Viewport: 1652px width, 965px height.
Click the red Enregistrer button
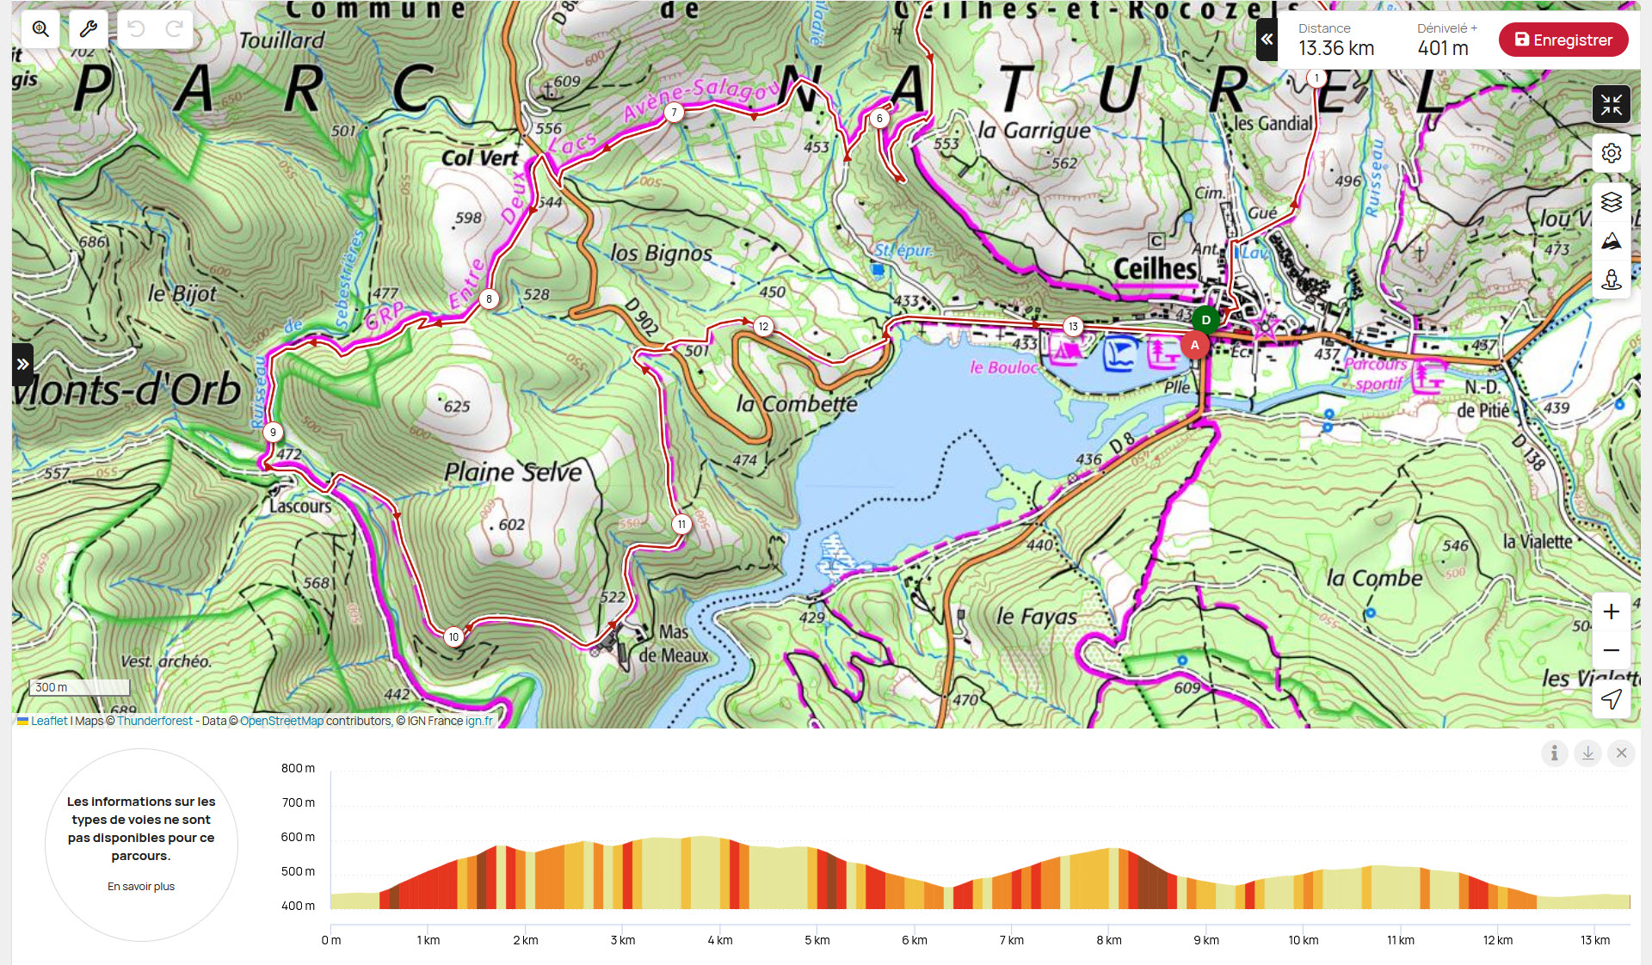coord(1563,40)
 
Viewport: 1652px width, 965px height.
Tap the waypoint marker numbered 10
coord(453,636)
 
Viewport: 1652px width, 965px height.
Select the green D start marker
coord(1205,319)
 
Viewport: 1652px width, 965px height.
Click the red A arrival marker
coord(1194,345)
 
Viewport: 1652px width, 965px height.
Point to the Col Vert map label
coord(479,158)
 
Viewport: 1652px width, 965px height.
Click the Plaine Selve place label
coord(513,471)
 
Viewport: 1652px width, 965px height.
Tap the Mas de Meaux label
coord(674,643)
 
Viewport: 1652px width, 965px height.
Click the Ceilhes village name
coord(1155,268)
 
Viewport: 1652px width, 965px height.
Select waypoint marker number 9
coord(273,432)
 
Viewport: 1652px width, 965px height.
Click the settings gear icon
coord(1611,153)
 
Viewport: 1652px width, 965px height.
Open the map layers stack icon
coord(1611,202)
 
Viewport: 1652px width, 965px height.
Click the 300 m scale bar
coord(79,687)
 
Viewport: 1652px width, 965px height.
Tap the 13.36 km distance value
coord(1335,49)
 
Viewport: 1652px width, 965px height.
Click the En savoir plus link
coord(141,886)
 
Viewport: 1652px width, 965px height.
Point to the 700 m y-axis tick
coord(298,802)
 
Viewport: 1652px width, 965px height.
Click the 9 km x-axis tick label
coord(1205,940)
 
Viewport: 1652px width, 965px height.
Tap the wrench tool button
coord(88,29)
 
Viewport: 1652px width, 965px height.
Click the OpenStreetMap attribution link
coord(281,721)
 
